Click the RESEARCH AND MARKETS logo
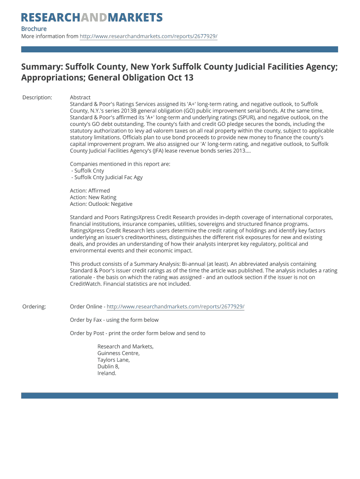coord(92,18)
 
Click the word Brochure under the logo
coord(34,29)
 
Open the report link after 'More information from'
coord(148,36)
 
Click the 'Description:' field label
coord(37,97)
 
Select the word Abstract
coord(80,97)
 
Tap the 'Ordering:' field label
coord(34,306)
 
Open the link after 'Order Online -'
coord(175,306)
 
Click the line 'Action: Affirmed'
coord(90,191)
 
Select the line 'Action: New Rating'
coord(93,197)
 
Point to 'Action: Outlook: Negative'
coord(101,204)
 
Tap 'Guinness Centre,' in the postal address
coord(118,353)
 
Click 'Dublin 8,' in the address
coord(108,367)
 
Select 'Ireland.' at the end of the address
coord(107,373)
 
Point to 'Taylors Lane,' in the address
coord(114,360)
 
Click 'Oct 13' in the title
coord(180,78)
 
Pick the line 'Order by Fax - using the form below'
coord(114,320)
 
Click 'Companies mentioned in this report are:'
coord(120,164)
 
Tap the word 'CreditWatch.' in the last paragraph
coord(86,283)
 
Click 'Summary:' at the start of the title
coord(42,67)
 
